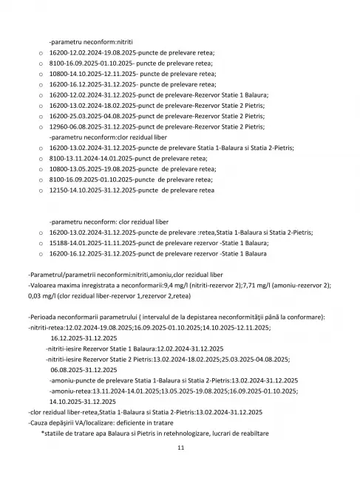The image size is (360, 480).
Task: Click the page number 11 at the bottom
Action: coord(180,448)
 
